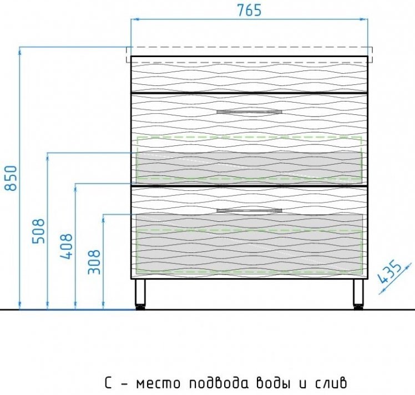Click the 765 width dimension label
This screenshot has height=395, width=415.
pos(249,11)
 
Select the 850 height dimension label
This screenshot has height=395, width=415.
pos(11,178)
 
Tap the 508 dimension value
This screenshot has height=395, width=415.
pos(39,231)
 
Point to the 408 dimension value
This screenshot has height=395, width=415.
pos(66,246)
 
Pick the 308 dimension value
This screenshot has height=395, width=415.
pos(94,262)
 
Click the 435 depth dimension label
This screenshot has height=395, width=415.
pos(389,272)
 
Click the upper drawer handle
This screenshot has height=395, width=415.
pos(249,112)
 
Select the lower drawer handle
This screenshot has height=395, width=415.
pos(249,211)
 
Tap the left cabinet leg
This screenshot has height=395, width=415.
pos(140,292)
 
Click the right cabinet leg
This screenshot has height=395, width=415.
pos(358,292)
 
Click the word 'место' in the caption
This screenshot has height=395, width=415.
pos(158,383)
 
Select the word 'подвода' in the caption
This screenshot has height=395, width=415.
pos(219,383)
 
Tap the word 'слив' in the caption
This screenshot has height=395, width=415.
pos(331,383)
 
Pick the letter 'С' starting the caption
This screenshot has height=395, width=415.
pos(109,383)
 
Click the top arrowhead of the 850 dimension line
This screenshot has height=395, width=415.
pos(19,52)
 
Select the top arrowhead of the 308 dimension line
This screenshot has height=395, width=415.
pos(104,219)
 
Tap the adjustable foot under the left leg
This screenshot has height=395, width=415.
pos(140,307)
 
